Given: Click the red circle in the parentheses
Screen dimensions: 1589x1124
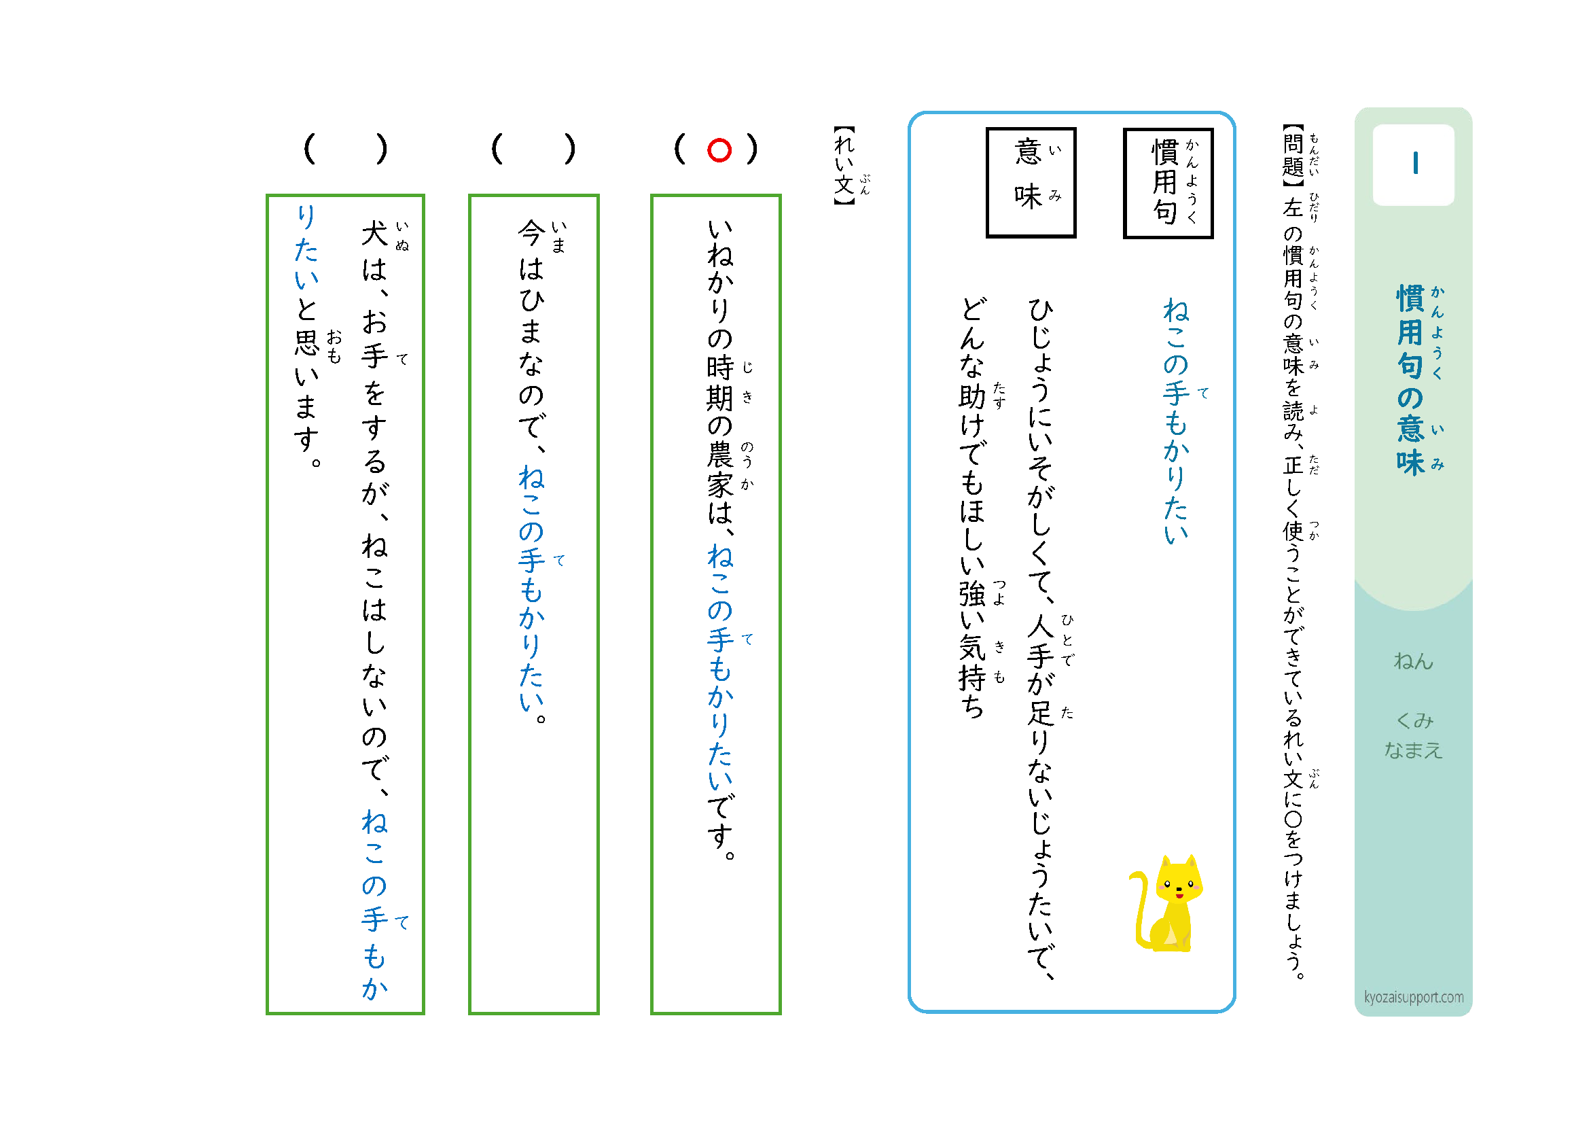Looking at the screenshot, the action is (719, 150).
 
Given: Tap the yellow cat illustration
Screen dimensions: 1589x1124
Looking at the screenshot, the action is (1166, 903).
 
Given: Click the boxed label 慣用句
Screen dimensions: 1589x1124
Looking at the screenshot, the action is (1168, 183).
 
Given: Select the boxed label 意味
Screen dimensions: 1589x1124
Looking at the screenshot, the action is (1031, 183).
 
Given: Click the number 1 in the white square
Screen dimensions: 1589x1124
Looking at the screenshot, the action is (1415, 163).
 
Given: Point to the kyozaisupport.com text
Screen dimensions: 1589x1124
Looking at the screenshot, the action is (1413, 998).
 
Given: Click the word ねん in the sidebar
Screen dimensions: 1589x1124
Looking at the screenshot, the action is (1413, 661).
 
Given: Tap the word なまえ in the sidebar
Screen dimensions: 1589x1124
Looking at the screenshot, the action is (1413, 750).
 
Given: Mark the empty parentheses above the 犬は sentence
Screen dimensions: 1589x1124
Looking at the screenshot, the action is (345, 149).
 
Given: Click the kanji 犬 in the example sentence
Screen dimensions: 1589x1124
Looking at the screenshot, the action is (374, 233).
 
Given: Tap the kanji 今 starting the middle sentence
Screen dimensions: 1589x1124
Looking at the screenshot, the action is (531, 233).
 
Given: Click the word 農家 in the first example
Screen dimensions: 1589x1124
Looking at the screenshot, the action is (719, 471).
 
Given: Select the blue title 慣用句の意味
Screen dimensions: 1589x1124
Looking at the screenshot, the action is (1410, 380).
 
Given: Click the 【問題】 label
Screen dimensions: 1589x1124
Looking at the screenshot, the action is (1293, 156).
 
